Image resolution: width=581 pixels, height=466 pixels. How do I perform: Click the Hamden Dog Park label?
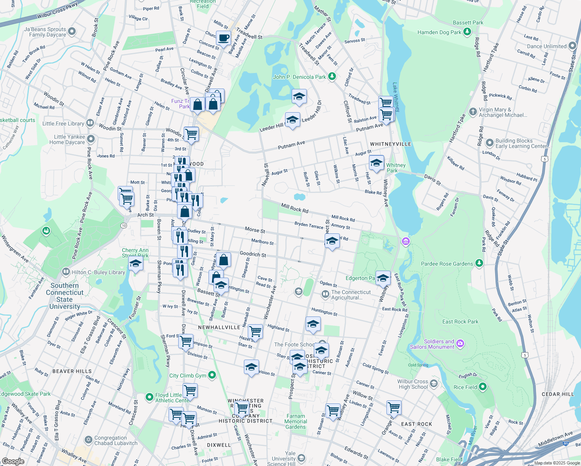click(x=439, y=33)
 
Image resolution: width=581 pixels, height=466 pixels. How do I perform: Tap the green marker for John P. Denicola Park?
click(x=332, y=77)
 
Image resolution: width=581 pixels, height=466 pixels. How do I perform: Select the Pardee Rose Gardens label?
click(x=447, y=264)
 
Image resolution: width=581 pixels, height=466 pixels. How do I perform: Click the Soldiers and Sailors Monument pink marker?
click(x=460, y=343)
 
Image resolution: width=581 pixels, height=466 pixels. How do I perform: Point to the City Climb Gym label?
click(x=188, y=376)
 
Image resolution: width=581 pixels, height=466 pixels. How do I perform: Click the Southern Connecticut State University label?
click(x=64, y=296)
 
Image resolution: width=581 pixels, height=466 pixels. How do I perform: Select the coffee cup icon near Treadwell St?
click(x=223, y=38)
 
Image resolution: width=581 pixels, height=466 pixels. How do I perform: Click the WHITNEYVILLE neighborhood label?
click(x=390, y=144)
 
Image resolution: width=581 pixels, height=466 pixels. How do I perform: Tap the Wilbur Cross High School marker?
click(x=434, y=384)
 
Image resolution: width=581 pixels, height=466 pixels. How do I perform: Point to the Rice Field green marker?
click(x=483, y=386)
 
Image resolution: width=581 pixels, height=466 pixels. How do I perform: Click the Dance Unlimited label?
click(x=547, y=46)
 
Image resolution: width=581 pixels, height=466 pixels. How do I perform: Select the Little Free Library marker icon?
click(x=90, y=123)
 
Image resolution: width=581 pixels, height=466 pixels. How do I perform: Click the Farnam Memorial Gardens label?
click(x=296, y=421)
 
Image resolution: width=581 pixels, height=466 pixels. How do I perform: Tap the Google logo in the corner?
click(x=13, y=461)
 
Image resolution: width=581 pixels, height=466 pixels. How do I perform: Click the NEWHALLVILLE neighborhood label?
click(x=219, y=327)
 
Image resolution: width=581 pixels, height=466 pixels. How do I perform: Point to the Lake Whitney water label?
click(x=395, y=97)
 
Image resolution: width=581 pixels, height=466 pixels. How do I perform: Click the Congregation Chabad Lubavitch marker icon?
click(x=89, y=440)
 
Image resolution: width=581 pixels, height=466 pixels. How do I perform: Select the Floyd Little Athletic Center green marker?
click(x=150, y=397)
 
